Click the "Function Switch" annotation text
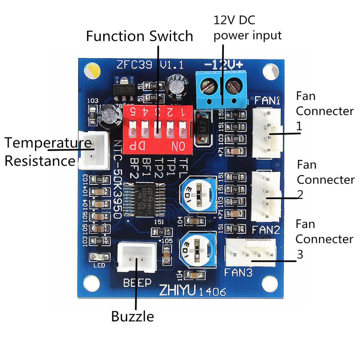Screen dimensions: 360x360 pyautogui.click(x=140, y=37)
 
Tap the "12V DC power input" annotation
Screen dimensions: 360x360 pyautogui.click(x=247, y=27)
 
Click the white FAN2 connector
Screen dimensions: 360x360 pyautogui.click(x=266, y=196)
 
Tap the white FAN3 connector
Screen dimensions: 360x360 pyautogui.click(x=250, y=253)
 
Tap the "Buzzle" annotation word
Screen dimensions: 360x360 pyautogui.click(x=132, y=317)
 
